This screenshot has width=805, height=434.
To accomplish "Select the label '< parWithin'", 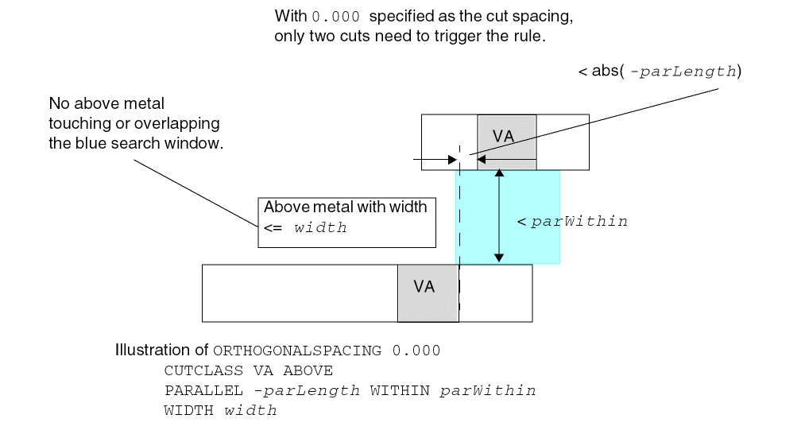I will [x=572, y=222].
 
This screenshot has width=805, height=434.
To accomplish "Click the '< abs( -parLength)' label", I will [x=660, y=72].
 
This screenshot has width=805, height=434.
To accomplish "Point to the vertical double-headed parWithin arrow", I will [x=498, y=217].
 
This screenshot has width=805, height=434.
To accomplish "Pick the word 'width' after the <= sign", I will [x=320, y=228].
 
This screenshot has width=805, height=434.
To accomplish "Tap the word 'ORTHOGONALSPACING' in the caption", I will [x=297, y=351].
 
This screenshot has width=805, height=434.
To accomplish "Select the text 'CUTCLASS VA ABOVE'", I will [x=249, y=370].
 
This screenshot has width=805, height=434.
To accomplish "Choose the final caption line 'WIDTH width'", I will [x=220, y=411].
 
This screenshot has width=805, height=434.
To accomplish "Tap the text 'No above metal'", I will [x=106, y=104].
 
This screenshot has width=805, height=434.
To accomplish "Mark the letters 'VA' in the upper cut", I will [x=503, y=137].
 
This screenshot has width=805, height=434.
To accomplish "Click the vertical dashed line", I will [x=459, y=238].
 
